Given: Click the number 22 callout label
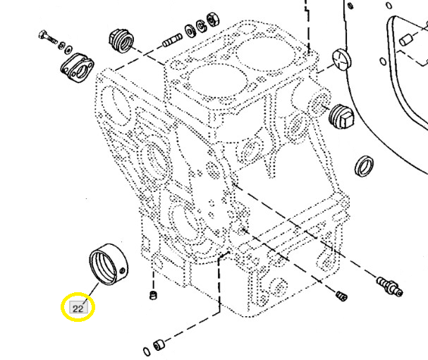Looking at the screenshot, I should [78, 308].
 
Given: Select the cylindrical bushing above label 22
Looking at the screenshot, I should [109, 265].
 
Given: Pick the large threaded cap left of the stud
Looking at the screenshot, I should [123, 40].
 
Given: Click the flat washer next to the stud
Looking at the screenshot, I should [190, 31].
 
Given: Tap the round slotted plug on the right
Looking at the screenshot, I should [340, 59].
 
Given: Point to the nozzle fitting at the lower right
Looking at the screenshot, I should [389, 285].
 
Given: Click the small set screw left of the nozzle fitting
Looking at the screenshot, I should [342, 295].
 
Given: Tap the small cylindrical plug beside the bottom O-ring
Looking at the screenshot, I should [159, 344].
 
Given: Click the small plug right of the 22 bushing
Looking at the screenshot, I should [152, 294].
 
